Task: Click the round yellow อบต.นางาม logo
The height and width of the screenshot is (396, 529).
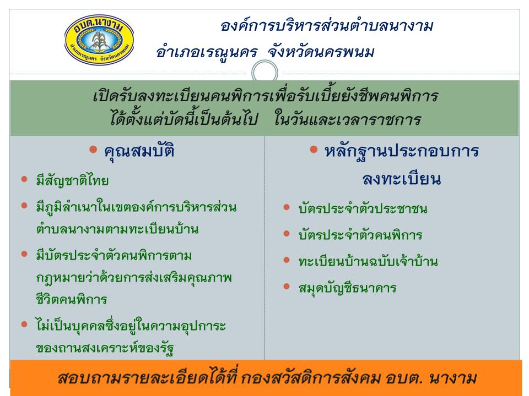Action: (x=99, y=40)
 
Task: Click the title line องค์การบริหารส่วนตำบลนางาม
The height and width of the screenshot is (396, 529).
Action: (x=327, y=26)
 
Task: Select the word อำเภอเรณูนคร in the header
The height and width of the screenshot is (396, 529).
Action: (x=207, y=53)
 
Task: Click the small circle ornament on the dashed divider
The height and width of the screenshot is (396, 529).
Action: (x=265, y=73)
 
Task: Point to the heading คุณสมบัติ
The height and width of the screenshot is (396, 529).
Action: (x=139, y=151)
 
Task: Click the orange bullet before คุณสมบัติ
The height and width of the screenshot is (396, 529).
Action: (x=93, y=149)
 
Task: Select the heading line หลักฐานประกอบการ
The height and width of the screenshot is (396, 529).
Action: (x=402, y=151)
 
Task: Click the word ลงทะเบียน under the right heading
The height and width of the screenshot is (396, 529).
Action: (x=402, y=178)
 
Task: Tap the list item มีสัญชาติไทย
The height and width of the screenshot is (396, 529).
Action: (x=72, y=181)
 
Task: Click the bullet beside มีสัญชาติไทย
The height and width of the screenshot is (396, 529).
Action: (x=24, y=179)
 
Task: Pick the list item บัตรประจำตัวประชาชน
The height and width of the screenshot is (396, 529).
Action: (x=363, y=208)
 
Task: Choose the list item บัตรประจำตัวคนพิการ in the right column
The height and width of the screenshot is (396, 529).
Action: (x=360, y=235)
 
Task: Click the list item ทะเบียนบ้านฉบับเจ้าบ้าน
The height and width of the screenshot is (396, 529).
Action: (x=368, y=261)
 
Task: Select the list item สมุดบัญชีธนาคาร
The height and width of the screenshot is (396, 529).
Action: (x=347, y=288)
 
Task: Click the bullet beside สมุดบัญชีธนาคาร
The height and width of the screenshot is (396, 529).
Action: (x=287, y=287)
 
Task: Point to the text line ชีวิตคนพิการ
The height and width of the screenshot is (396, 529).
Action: (x=72, y=299)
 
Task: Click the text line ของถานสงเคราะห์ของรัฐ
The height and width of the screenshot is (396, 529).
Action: (x=105, y=348)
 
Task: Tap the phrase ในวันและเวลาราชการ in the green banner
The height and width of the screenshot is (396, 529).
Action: (x=348, y=119)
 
